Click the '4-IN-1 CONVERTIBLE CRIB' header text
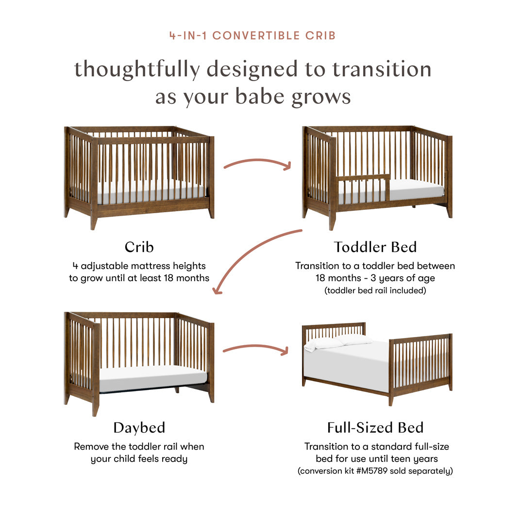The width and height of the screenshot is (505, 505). (x=252, y=35)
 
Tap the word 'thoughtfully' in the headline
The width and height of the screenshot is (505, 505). (x=136, y=69)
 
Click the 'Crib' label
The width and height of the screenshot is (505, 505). (x=139, y=247)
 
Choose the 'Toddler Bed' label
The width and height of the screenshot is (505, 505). (x=375, y=247)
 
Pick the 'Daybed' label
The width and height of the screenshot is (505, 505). (x=139, y=427)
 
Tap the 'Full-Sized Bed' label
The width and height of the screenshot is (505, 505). (x=375, y=427)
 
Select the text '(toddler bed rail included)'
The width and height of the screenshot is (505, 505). (x=375, y=291)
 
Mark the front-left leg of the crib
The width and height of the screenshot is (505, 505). (x=93, y=221)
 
